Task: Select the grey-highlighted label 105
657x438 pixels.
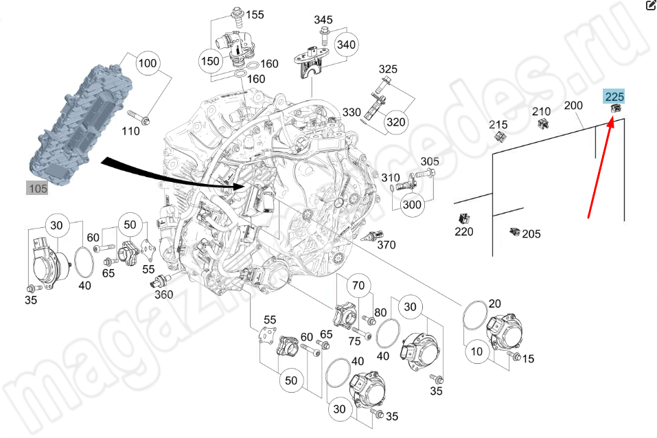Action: (37, 188)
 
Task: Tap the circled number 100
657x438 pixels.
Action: (147, 65)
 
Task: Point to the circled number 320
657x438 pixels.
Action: (395, 122)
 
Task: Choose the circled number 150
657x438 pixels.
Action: (210, 61)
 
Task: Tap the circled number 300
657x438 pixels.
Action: (412, 205)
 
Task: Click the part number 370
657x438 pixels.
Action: (387, 245)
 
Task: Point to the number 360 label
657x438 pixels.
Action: (163, 295)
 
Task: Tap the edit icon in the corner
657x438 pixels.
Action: (650, 6)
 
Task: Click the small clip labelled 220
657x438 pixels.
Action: (465, 218)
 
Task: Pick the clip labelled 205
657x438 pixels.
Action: (514, 232)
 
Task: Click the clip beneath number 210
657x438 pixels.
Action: (544, 124)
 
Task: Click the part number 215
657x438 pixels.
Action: (498, 124)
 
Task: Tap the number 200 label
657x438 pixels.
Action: (573, 106)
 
